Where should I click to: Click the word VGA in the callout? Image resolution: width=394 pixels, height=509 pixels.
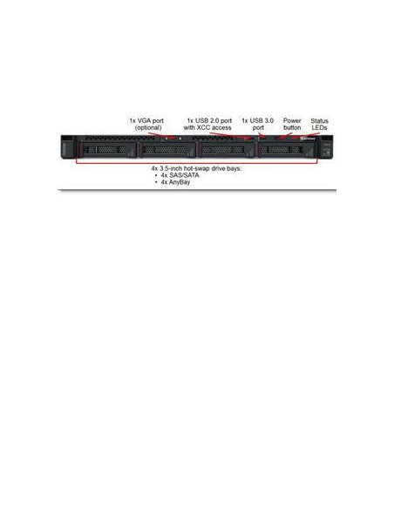click(x=146, y=121)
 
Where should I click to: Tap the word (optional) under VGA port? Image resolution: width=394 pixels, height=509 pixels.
click(x=148, y=128)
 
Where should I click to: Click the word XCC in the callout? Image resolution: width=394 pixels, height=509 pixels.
click(x=203, y=128)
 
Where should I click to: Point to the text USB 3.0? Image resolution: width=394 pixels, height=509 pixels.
click(x=262, y=121)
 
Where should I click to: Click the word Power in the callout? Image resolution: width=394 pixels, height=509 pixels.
click(x=292, y=121)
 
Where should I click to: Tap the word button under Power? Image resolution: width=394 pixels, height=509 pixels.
click(x=292, y=128)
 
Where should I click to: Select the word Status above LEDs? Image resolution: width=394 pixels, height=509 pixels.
click(x=319, y=121)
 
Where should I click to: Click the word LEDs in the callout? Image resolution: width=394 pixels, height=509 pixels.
click(x=319, y=128)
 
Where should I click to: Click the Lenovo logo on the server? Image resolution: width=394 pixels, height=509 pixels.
click(x=308, y=139)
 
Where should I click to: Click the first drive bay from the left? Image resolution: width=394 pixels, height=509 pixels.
click(x=108, y=150)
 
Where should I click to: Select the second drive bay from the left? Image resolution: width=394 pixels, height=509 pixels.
click(x=166, y=150)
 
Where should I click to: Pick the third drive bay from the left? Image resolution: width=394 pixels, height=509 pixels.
click(x=226, y=150)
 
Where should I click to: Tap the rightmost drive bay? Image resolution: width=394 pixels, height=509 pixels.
click(x=286, y=150)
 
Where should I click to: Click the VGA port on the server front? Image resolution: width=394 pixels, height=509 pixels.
click(x=173, y=139)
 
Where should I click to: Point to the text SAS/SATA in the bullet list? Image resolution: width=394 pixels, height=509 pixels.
click(x=184, y=175)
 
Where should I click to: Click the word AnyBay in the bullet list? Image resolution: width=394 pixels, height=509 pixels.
click(x=180, y=182)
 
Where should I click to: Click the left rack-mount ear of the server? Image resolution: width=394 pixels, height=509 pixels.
click(x=67, y=147)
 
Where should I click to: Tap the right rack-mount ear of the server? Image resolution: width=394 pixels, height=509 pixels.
click(x=327, y=147)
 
